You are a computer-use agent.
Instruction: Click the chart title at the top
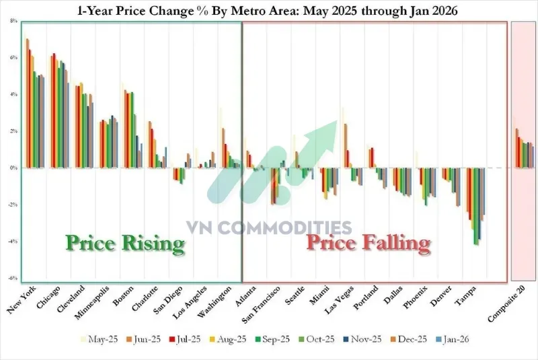[x=267, y=11]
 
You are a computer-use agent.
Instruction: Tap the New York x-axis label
[x=22, y=300]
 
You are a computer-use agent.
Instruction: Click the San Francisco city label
[x=261, y=305]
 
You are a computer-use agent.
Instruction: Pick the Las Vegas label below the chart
[x=340, y=299]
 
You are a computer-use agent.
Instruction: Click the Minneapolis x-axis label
[x=91, y=303]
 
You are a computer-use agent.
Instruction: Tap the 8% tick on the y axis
[x=13, y=21]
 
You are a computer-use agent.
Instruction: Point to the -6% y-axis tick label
[x=13, y=279]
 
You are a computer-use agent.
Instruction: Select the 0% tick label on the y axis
[x=13, y=168]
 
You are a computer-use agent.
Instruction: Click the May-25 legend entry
[x=99, y=339]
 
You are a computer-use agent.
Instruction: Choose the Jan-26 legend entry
[x=452, y=339]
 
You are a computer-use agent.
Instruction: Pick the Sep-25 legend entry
[x=272, y=339]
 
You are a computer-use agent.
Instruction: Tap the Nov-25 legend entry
[x=362, y=339]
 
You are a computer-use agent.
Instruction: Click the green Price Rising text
[x=125, y=244]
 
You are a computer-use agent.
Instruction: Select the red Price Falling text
[x=369, y=243]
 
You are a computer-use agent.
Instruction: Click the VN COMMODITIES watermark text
[x=269, y=227]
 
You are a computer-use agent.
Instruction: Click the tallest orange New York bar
[x=28, y=104]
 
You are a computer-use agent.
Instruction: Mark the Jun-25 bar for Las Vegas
[x=346, y=146]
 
